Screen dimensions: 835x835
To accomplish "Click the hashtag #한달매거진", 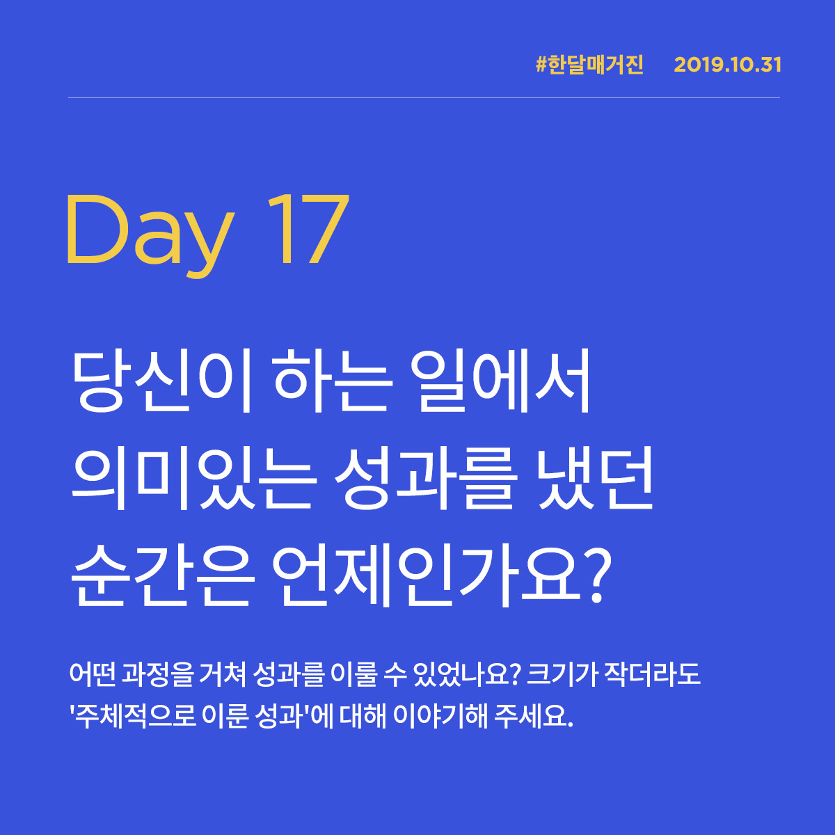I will (590, 65).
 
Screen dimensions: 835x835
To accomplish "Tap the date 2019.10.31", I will (728, 65).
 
